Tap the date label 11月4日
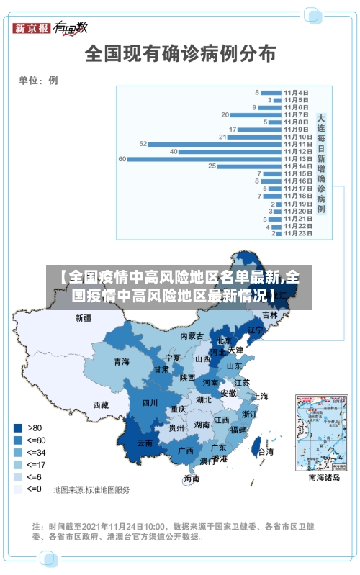(297, 92)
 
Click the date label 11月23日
(297, 232)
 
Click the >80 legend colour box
(17, 427)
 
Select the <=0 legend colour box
(17, 489)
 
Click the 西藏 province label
(101, 405)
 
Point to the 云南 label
(145, 443)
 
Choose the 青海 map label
(121, 362)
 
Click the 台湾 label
(266, 452)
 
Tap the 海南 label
(192, 479)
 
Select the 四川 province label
(150, 403)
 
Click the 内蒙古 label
(192, 336)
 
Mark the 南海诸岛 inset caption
(323, 477)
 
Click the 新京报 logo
(32, 28)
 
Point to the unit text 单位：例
(38, 80)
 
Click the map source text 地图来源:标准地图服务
(91, 490)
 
